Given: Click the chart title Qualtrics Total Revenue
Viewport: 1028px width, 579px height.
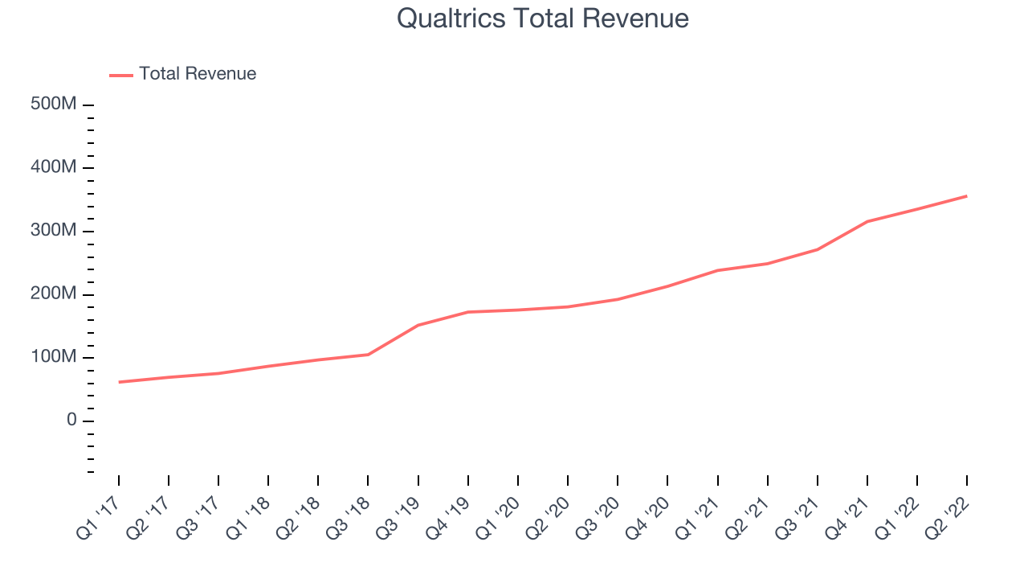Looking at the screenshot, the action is tap(542, 18).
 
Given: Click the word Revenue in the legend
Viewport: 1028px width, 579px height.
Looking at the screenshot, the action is tap(220, 73).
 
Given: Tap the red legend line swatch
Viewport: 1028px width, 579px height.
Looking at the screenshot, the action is tap(121, 76).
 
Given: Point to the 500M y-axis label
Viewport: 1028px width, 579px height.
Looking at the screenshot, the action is tap(54, 104).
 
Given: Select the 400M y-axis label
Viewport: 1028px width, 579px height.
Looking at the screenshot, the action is tap(54, 166).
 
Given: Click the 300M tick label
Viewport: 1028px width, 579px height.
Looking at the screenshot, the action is tap(54, 230).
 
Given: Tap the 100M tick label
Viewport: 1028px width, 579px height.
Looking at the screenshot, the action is tap(54, 356).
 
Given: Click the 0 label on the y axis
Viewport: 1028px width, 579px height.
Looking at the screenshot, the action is tap(71, 420).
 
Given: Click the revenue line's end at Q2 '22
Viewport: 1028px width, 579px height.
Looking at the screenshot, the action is tap(967, 196).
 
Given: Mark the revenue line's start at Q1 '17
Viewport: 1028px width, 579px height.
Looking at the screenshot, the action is tap(119, 382).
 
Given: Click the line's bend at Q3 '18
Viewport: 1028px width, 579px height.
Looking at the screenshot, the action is tap(368, 355).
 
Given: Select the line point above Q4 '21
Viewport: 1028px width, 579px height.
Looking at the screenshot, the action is tap(867, 221).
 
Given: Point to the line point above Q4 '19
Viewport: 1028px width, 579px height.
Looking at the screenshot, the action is tap(467, 312).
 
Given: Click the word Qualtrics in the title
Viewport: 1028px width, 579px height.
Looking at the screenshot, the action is tap(451, 18).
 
